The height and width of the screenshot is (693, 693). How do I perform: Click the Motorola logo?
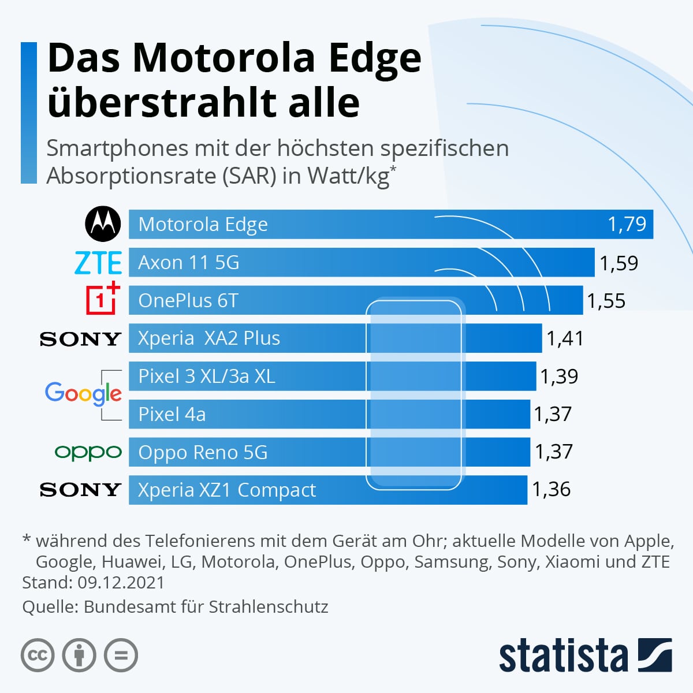(103, 224)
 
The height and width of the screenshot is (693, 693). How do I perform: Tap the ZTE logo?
(98, 263)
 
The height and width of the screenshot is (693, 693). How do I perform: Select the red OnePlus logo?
(103, 299)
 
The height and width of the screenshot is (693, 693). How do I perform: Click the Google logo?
(83, 394)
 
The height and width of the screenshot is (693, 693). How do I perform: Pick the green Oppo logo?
(88, 452)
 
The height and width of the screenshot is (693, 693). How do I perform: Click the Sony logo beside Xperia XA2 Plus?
(80, 339)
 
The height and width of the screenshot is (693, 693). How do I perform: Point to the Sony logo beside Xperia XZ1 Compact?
(80, 490)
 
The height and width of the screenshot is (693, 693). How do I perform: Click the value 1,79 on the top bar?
(627, 224)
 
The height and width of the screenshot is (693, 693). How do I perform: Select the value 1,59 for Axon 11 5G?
(619, 263)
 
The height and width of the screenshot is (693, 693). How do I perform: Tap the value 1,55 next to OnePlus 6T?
(606, 301)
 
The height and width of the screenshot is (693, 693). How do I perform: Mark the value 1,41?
(565, 338)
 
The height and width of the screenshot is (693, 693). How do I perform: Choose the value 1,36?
(551, 490)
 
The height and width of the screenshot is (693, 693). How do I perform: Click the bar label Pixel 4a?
(172, 414)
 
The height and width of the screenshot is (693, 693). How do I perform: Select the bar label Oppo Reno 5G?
(203, 452)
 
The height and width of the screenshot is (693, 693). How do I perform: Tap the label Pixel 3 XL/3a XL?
(206, 377)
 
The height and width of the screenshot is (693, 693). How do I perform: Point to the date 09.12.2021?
(121, 582)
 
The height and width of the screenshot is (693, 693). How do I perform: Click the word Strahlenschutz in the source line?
(268, 607)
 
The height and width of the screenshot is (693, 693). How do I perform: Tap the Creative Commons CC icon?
(38, 655)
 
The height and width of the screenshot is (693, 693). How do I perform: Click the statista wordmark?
(563, 656)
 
